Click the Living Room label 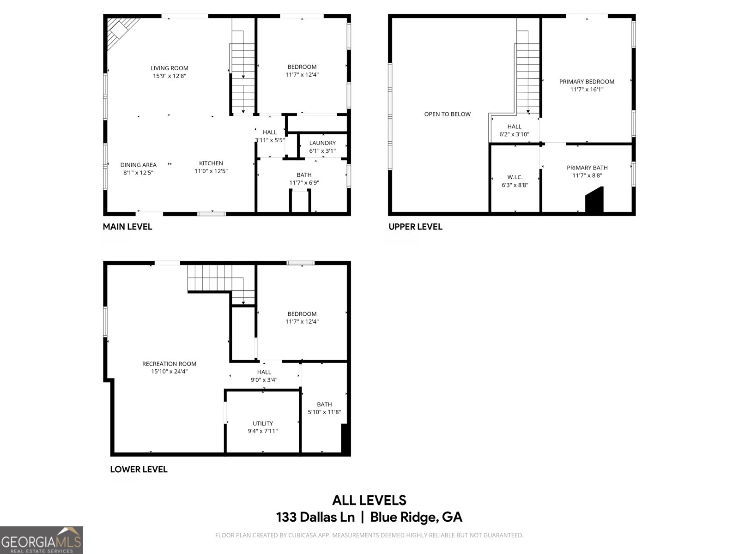click(x=169, y=68)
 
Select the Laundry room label click(x=322, y=143)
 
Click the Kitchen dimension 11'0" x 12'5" click(x=211, y=171)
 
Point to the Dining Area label click(x=138, y=165)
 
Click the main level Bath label click(x=304, y=175)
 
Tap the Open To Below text click(x=447, y=114)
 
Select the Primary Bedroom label click(x=587, y=82)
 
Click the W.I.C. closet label click(x=515, y=177)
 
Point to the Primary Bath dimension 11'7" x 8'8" click(x=587, y=175)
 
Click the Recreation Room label click(x=169, y=364)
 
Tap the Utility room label click(x=262, y=423)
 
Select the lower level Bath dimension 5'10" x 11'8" click(x=324, y=412)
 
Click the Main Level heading click(x=127, y=227)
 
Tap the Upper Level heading click(x=415, y=227)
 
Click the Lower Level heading click(x=139, y=469)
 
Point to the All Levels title click(x=369, y=500)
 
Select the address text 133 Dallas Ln click(x=315, y=517)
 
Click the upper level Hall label click(x=514, y=126)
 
